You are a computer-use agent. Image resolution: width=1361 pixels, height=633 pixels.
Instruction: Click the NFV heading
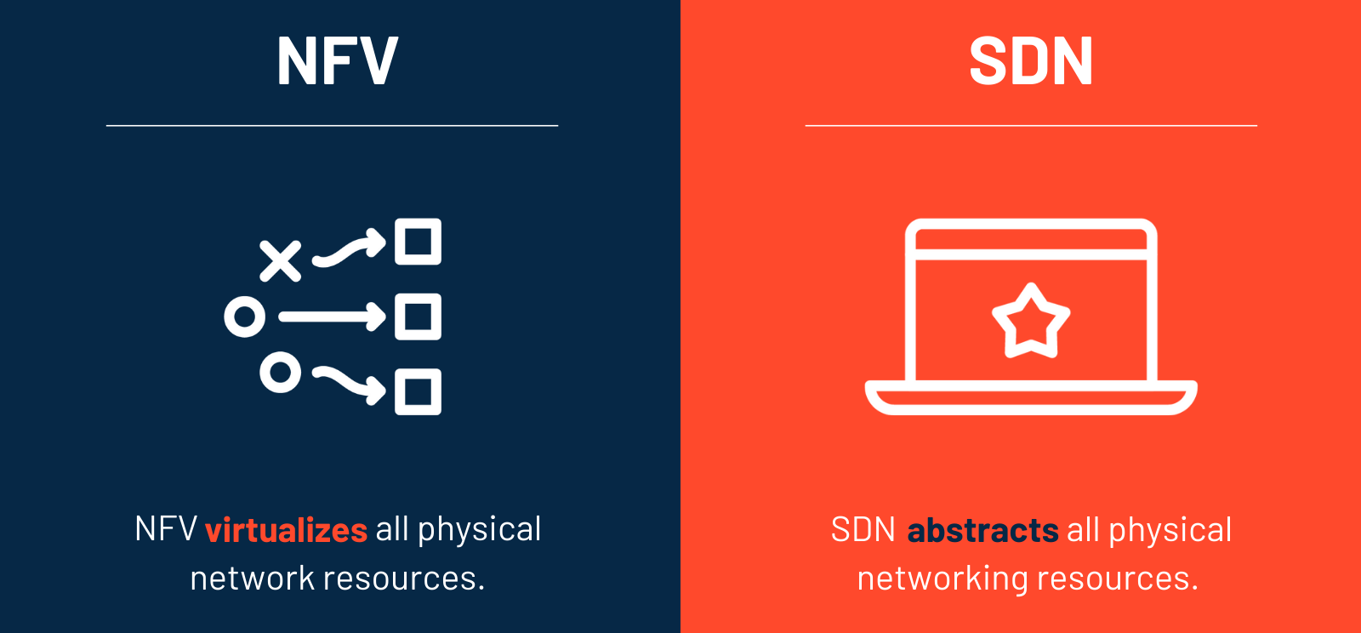point(337,61)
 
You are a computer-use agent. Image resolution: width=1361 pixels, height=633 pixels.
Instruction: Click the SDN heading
point(1030,61)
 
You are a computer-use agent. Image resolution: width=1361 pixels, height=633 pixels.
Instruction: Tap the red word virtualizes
point(286,530)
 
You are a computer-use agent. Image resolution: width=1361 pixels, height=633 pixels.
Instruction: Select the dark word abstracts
point(982,530)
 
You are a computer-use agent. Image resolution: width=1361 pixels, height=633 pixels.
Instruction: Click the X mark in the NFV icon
point(280,261)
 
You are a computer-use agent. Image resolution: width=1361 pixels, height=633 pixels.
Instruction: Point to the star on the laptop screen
point(1031,322)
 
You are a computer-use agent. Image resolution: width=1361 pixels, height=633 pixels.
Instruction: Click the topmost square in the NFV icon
point(418,242)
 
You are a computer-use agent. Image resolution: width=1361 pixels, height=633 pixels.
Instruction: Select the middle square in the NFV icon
point(418,317)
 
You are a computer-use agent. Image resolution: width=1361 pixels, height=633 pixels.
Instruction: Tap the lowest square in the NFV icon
point(418,392)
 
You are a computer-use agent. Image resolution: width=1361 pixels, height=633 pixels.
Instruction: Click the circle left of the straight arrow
point(245,317)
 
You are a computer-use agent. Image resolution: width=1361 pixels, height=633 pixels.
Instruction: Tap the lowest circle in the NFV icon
point(280,373)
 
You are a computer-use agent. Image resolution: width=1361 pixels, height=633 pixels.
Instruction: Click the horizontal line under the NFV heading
point(332,126)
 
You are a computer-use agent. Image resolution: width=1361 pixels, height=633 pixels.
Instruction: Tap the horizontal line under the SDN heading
point(1031,126)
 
